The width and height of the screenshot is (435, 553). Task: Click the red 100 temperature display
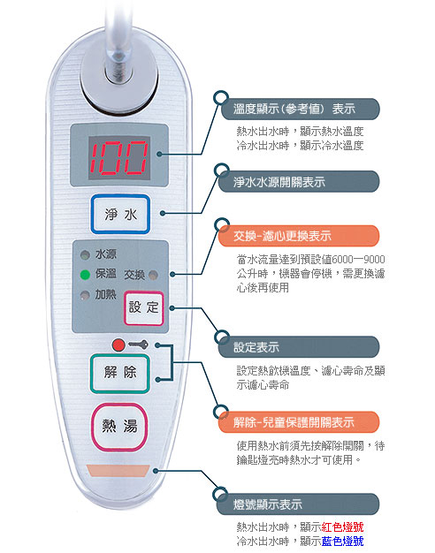pyautogui.click(x=118, y=157)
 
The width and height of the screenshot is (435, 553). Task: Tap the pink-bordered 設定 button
pyautogui.click(x=144, y=308)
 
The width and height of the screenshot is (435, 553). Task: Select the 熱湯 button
pyautogui.click(x=119, y=427)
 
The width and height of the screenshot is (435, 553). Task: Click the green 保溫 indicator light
pyautogui.click(x=85, y=275)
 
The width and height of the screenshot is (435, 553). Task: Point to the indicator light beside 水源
pyautogui.click(x=85, y=254)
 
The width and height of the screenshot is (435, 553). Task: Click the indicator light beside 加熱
pyautogui.click(x=85, y=295)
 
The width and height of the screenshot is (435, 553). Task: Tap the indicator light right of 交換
pyautogui.click(x=153, y=275)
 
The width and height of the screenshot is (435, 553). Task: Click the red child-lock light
pyautogui.click(x=118, y=345)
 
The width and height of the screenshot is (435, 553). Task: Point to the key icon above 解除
pyautogui.click(x=138, y=345)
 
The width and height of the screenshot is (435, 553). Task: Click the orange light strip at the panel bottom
pyautogui.click(x=118, y=471)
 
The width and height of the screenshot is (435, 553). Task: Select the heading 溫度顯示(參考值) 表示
pyautogui.click(x=294, y=109)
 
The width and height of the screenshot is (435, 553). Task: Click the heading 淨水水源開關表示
pyautogui.click(x=279, y=182)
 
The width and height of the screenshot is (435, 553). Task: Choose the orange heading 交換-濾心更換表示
pyautogui.click(x=282, y=236)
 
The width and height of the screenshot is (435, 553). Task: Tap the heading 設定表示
pyautogui.click(x=256, y=347)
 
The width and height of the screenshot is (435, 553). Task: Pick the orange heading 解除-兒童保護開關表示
pyautogui.click(x=294, y=421)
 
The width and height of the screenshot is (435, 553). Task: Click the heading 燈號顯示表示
pyautogui.click(x=268, y=504)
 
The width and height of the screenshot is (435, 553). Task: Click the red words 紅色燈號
pyautogui.click(x=342, y=526)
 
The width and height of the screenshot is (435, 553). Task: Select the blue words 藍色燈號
pyautogui.click(x=342, y=541)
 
